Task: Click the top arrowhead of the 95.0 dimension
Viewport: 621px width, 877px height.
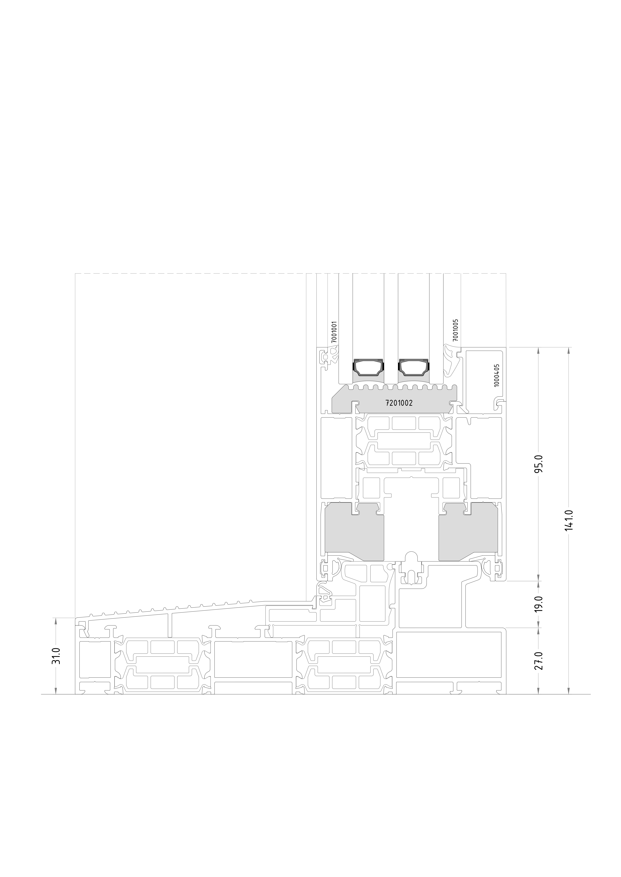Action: (x=538, y=351)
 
